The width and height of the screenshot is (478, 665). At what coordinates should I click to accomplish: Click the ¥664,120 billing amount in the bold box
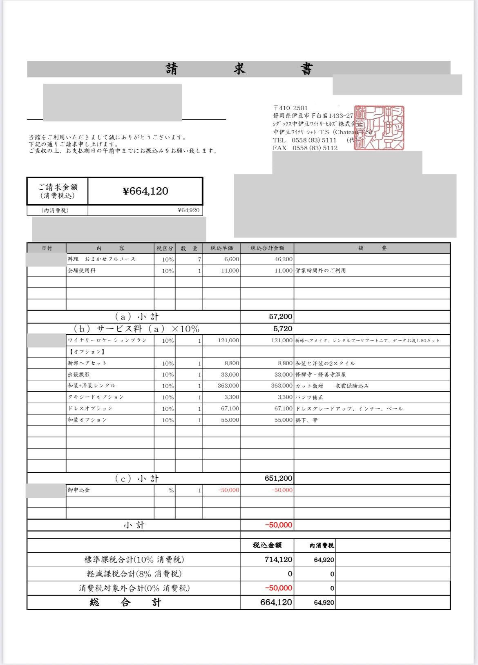point(145,191)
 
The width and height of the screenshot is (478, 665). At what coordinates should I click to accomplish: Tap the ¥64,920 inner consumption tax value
point(189,211)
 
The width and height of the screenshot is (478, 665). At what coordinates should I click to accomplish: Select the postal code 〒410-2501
point(290,108)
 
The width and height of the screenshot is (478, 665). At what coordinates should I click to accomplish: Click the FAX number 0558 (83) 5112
point(315,148)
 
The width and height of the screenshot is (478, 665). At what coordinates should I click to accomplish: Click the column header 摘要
point(372,248)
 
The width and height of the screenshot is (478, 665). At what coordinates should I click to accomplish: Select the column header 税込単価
point(221,248)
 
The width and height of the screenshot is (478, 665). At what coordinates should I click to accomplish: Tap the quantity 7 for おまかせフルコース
point(199,259)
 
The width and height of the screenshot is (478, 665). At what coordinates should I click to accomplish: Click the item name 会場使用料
point(82,270)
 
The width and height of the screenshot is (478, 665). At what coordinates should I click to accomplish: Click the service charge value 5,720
point(283,328)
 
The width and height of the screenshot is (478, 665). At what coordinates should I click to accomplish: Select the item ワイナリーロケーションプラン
point(107,340)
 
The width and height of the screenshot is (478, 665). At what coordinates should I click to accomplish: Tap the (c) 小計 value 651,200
point(279,479)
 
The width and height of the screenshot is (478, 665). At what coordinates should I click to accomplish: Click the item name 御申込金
point(79,490)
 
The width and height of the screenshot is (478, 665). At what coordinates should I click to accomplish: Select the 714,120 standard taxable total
point(278,560)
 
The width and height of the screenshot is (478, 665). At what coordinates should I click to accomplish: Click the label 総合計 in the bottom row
point(126,603)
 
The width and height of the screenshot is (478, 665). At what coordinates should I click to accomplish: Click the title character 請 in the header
point(172,69)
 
